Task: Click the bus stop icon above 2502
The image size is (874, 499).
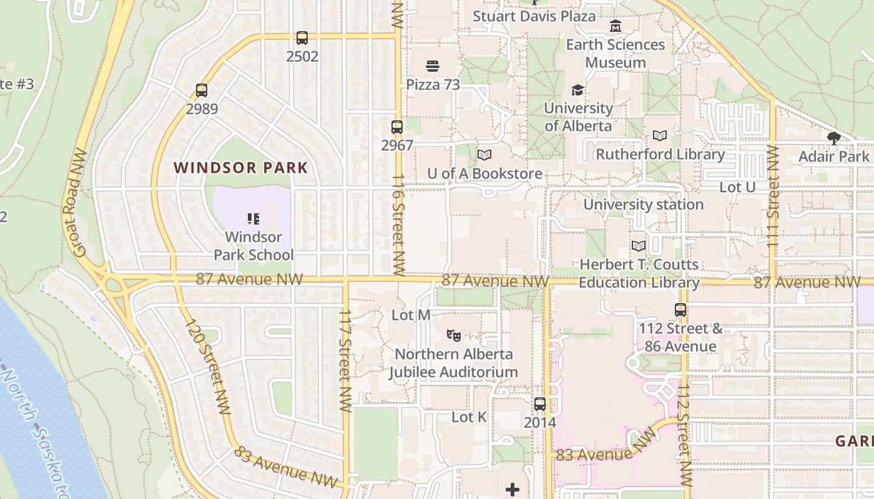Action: click(x=302, y=38)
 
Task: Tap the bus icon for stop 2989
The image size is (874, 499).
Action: click(x=202, y=90)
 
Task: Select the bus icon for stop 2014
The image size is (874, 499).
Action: click(x=540, y=404)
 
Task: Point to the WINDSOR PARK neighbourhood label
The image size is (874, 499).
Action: click(x=241, y=168)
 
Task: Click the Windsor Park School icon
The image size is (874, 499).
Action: click(x=253, y=219)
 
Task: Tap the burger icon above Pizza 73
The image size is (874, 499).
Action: click(x=433, y=66)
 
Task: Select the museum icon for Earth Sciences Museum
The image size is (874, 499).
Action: click(x=616, y=26)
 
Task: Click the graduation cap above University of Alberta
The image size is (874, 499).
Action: click(x=578, y=90)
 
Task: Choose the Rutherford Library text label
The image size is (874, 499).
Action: click(x=660, y=154)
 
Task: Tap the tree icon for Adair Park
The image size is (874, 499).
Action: click(x=833, y=138)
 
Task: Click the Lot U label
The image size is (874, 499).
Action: click(x=737, y=187)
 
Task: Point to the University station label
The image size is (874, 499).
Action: click(x=643, y=205)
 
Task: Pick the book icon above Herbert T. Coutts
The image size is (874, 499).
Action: click(x=639, y=246)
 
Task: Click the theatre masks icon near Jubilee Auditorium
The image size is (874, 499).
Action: click(x=454, y=336)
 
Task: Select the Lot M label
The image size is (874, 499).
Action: click(x=411, y=315)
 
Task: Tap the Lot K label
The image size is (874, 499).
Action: click(x=469, y=417)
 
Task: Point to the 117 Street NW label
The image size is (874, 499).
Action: click(x=345, y=360)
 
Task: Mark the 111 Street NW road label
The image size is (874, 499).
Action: click(x=773, y=195)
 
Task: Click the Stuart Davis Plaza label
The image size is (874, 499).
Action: click(x=534, y=16)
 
